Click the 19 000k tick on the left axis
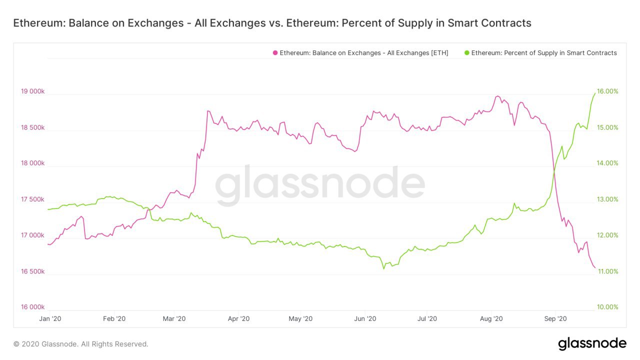[x=32, y=91]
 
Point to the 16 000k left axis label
[x=32, y=307]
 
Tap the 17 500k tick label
[x=32, y=199]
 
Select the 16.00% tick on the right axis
[x=608, y=91]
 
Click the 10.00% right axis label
[x=608, y=307]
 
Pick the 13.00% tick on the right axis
[x=608, y=199]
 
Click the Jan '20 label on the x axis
[x=50, y=318]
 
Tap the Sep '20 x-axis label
[x=555, y=318]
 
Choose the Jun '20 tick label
[x=365, y=318]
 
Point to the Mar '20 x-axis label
[x=174, y=318]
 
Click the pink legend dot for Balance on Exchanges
[x=275, y=53]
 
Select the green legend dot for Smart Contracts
[x=467, y=53]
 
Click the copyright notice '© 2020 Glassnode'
[x=80, y=344]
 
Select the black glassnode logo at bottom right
[x=592, y=343]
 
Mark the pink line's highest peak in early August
[x=497, y=96]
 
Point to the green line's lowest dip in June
[x=383, y=268]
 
